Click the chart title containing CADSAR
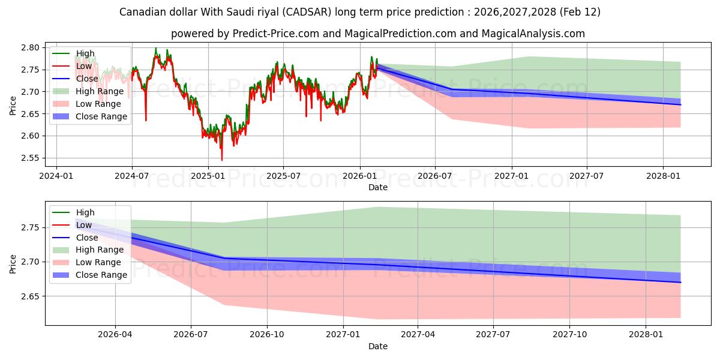coord(360,12)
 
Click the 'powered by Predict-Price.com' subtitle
coord(378,34)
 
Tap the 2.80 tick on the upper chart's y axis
coord(31,47)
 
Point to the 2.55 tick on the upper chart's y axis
coord(31,158)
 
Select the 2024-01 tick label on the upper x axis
coord(56,177)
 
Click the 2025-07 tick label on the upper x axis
coord(283,177)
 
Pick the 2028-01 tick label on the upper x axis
coord(663,177)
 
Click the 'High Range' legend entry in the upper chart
coord(100,91)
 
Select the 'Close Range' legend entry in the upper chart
coord(101,116)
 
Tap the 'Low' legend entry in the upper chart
coord(84,66)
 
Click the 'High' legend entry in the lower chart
coord(85,212)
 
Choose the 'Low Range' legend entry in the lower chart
coord(98,262)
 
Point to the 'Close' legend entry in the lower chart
coord(87,238)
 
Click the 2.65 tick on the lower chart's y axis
coord(31,296)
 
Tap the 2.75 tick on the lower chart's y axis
coord(31,227)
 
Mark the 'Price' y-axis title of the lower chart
coord(13,263)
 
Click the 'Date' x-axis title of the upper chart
coord(378,187)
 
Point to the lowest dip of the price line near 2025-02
coord(222,160)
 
